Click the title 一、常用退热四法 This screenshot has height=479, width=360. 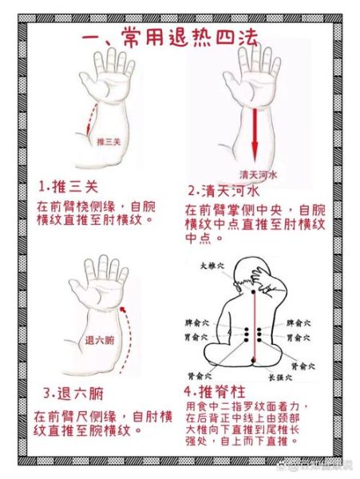coord(180,38)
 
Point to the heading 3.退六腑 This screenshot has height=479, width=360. coord(72,394)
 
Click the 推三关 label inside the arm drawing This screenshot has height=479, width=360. coord(106,141)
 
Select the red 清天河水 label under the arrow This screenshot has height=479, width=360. coord(257,173)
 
